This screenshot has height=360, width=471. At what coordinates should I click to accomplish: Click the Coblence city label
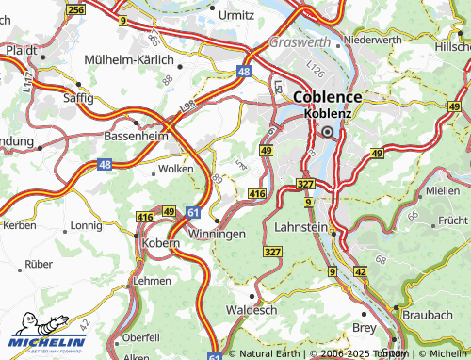coord(329,96)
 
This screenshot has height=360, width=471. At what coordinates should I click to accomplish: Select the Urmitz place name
coord(235,15)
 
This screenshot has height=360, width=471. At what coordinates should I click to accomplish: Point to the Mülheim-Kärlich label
coord(129,57)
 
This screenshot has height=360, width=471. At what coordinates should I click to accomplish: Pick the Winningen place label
coord(218,233)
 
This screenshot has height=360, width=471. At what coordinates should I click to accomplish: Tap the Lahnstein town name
coord(300,227)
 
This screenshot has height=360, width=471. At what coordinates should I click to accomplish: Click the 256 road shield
coord(76,8)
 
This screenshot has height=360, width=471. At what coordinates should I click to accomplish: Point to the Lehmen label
coord(153,280)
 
